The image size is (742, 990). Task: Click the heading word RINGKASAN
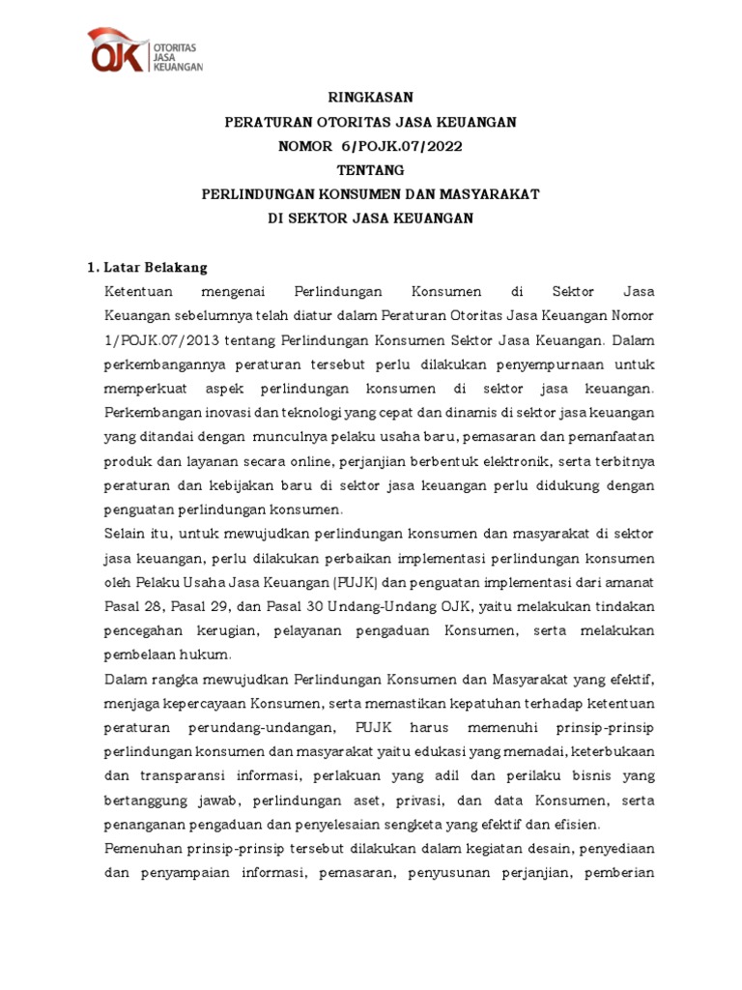coord(370,97)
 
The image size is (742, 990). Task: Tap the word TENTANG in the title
coord(370,169)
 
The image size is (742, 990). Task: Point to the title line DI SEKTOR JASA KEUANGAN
coord(370,218)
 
